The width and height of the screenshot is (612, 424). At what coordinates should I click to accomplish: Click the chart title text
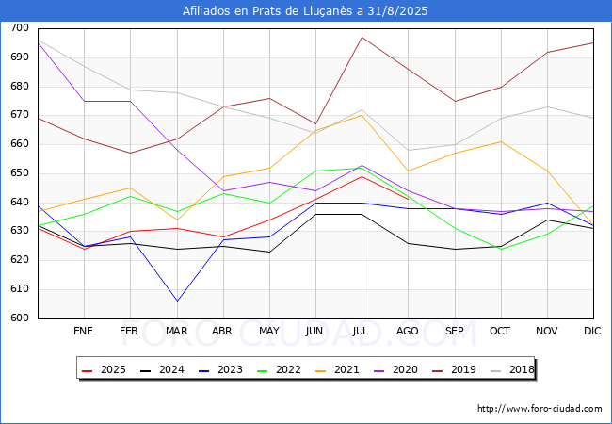tap(305, 11)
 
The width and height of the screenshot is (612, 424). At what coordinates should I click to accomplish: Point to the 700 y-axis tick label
tap(18, 28)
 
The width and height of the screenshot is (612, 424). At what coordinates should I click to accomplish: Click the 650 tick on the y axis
tap(18, 173)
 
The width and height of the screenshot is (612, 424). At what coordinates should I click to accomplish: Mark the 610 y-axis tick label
tap(18, 289)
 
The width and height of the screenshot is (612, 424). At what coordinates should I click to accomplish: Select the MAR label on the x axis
tap(176, 332)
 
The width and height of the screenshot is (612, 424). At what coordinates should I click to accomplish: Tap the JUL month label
tap(362, 332)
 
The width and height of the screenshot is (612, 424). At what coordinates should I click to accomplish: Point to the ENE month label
tap(84, 332)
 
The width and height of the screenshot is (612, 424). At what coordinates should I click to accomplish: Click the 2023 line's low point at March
tap(176, 301)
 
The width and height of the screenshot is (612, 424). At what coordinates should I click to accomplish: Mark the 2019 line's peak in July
tap(362, 37)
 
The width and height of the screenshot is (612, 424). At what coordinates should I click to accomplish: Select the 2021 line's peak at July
tap(362, 114)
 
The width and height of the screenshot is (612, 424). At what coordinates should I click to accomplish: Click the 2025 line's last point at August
tap(408, 199)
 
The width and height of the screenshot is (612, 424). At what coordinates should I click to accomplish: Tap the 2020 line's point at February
tap(130, 101)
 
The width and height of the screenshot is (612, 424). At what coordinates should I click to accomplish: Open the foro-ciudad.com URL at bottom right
tap(540, 409)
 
